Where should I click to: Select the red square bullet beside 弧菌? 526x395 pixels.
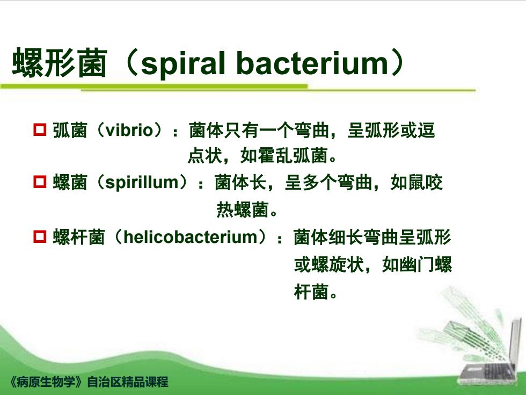40,130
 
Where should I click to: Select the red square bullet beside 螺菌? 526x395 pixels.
40,182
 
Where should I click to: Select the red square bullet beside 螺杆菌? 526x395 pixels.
40,236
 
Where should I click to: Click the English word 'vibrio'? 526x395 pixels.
129,130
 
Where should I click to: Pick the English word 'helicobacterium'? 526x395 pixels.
190,237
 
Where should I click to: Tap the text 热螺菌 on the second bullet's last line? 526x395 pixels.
243,210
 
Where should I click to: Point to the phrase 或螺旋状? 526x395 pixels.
329,264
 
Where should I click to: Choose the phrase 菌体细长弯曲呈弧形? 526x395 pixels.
372,237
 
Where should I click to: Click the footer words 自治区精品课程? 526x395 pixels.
128,382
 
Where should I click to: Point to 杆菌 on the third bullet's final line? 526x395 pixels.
311,291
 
